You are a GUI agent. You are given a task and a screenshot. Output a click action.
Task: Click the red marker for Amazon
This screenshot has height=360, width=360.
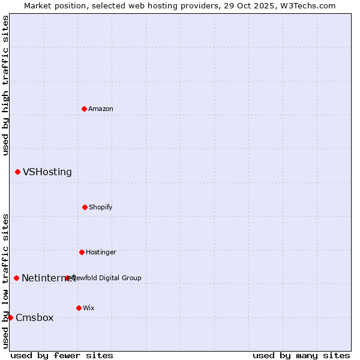[x=84, y=109]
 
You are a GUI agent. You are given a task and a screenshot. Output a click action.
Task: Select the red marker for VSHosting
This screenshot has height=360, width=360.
[x=17, y=172]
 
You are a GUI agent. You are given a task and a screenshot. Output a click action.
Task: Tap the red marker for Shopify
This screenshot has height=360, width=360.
[x=85, y=207]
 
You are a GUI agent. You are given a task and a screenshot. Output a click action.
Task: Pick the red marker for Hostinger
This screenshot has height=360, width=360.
[x=82, y=252]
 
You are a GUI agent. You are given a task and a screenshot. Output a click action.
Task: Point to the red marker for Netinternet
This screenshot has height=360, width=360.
[x=16, y=278]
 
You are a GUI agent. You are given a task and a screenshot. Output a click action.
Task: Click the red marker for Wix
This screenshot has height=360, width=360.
[x=79, y=308]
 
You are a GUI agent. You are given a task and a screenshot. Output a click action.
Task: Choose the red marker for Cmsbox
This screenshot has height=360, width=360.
[x=10, y=317]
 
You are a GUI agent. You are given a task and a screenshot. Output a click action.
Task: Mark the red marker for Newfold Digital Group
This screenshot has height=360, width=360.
[x=67, y=278]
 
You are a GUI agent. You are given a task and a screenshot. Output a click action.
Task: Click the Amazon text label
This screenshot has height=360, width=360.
[x=101, y=109]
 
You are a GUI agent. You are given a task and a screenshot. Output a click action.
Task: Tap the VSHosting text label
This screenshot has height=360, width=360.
[x=47, y=172]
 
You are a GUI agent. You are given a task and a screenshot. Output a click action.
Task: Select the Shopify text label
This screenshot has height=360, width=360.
[x=101, y=207]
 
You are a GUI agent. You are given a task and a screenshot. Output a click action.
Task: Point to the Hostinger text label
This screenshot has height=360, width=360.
[x=101, y=252]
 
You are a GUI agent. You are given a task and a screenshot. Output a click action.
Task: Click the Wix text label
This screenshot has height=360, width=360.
[x=89, y=308]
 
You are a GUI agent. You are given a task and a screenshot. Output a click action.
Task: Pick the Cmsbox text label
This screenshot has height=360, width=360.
[x=35, y=318]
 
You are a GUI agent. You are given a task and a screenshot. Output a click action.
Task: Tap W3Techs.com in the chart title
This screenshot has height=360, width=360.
[x=307, y=5]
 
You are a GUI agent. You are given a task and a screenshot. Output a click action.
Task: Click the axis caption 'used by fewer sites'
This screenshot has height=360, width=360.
[x=62, y=355]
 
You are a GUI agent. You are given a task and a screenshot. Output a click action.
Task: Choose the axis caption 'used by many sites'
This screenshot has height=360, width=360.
[x=301, y=355]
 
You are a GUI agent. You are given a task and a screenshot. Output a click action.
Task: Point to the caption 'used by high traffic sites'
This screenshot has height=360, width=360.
[x=5, y=85]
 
